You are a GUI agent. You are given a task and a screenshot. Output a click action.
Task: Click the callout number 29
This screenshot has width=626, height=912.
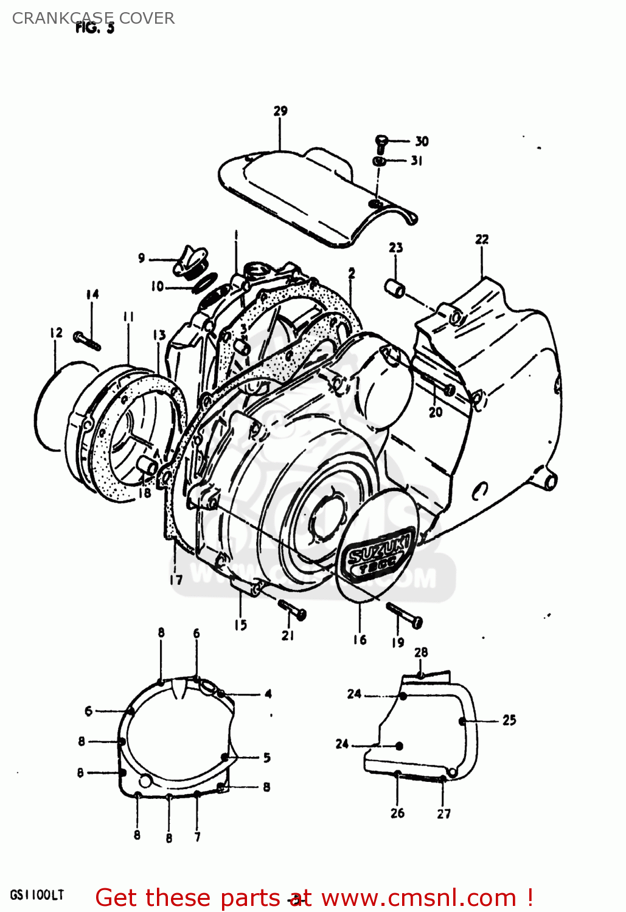point(280,111)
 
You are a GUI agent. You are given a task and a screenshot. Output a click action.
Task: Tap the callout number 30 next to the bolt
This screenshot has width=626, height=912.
point(422,141)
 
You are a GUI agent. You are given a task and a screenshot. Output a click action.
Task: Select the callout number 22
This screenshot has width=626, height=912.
point(482,239)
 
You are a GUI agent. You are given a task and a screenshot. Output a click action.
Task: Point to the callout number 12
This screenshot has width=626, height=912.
point(56,333)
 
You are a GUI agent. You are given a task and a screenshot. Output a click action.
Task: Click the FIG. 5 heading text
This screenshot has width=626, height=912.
point(94,28)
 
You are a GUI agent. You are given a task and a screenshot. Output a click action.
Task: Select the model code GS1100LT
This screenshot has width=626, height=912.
point(37,895)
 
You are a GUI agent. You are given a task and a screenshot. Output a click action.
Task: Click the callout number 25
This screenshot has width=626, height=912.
point(509,720)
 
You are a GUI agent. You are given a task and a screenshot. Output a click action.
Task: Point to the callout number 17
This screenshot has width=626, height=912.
point(176,579)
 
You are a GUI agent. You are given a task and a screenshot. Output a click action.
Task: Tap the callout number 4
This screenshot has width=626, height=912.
point(268,694)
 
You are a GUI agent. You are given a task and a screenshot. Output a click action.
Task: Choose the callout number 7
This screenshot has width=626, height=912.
point(197,837)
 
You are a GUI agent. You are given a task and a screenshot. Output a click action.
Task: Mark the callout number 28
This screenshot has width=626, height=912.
point(421,652)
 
